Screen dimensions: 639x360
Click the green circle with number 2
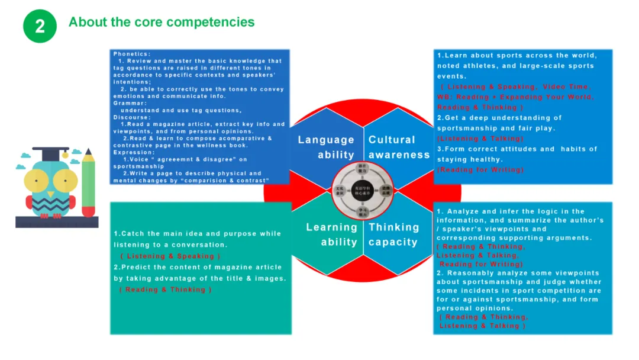(40, 26)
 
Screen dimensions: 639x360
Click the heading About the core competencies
(162, 22)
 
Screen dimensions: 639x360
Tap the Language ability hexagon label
(326, 147)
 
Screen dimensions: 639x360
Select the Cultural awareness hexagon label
(399, 147)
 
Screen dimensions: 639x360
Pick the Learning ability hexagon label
(331, 234)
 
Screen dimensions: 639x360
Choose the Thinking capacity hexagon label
(393, 234)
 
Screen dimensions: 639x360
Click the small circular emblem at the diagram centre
(362, 190)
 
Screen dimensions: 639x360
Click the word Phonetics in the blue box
(132, 54)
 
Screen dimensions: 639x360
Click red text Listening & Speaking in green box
(170, 256)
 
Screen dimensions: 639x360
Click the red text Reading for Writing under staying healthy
(480, 170)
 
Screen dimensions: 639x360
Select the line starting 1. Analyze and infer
(511, 211)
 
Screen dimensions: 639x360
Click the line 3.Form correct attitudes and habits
(517, 149)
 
